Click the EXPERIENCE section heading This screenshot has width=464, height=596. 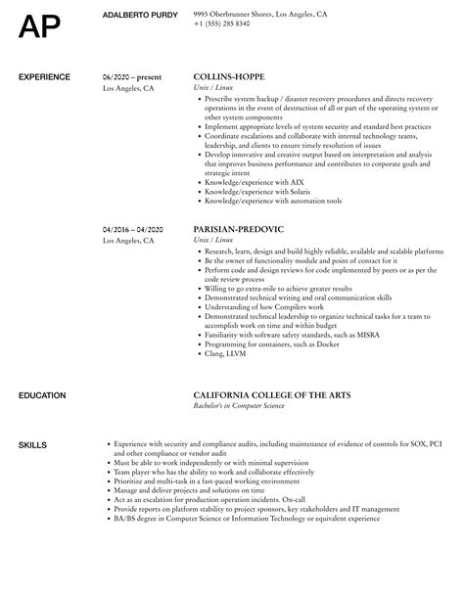(45, 75)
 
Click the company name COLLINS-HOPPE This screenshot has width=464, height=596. (229, 75)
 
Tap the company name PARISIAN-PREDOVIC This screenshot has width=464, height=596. (239, 229)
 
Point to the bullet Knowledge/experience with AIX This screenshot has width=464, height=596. (250, 181)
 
